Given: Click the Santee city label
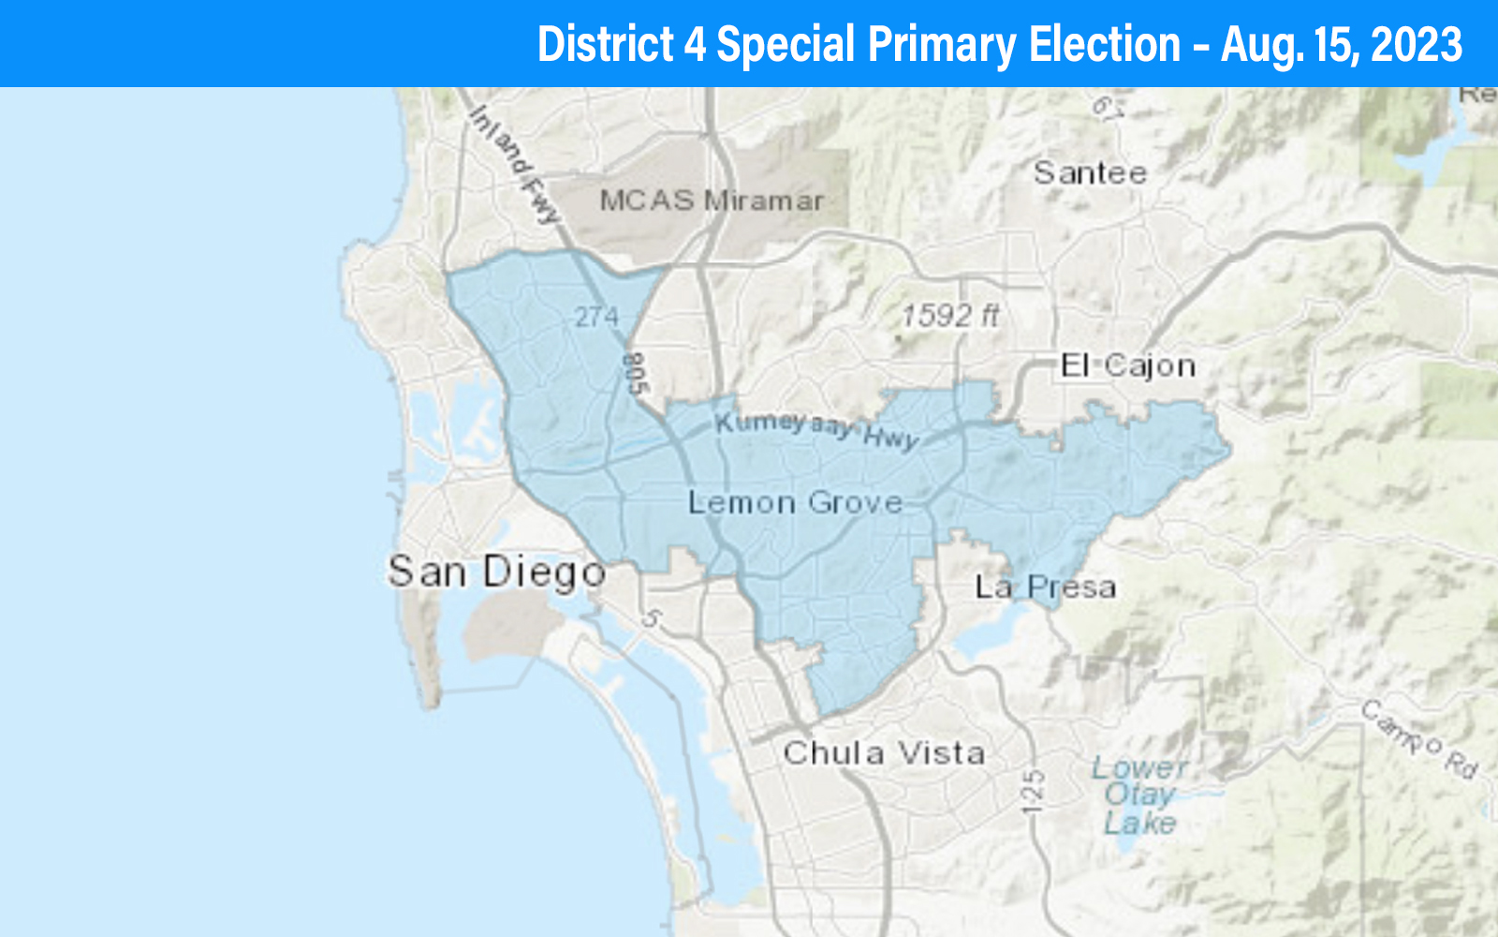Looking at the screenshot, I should [1090, 172].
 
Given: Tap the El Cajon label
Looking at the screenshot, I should [1128, 364].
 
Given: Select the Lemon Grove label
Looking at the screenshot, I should [796, 503].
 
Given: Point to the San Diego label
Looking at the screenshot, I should [497, 572].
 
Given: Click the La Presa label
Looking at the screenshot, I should [1046, 587].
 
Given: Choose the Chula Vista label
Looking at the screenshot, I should [884, 752].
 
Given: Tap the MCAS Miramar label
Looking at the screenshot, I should [712, 200].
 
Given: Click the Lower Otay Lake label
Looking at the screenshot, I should [1139, 795].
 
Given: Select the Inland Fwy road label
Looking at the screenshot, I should [514, 165].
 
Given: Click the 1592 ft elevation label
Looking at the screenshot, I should [949, 315].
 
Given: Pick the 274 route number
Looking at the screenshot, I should [596, 317].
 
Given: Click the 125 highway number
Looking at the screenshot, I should [1034, 791].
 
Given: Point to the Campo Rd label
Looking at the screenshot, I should [1419, 739].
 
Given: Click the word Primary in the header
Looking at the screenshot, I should [942, 44].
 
